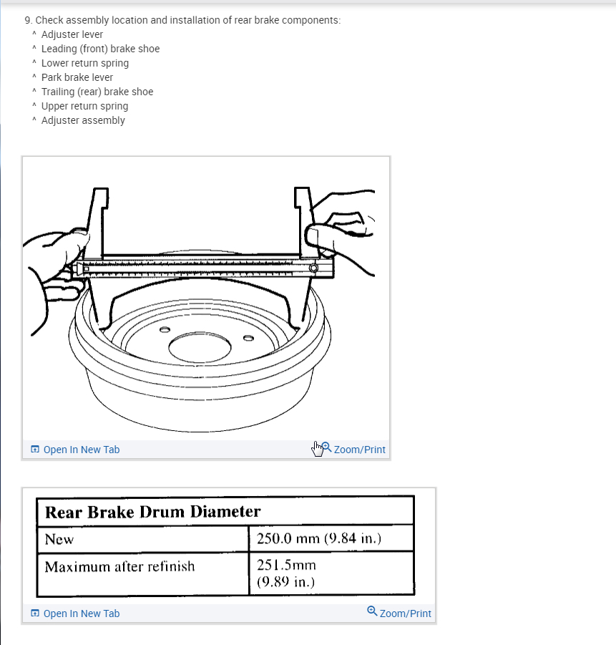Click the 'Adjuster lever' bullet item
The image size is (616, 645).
point(72,34)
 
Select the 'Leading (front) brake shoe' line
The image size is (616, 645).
point(100,49)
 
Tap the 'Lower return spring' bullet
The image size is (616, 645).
point(84,63)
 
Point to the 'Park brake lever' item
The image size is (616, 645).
point(77,77)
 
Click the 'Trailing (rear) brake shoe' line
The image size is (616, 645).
point(97,92)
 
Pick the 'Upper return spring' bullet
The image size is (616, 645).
point(84,106)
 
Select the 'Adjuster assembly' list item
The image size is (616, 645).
point(83,120)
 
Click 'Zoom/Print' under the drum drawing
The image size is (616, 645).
point(358,450)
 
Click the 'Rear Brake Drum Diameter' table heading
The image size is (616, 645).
point(152,512)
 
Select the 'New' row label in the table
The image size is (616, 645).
point(59,539)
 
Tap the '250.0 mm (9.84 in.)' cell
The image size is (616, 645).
point(318,539)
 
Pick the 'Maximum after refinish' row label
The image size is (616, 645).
point(119,567)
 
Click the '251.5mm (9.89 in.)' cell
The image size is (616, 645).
point(286,573)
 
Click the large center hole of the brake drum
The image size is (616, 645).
point(201,349)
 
